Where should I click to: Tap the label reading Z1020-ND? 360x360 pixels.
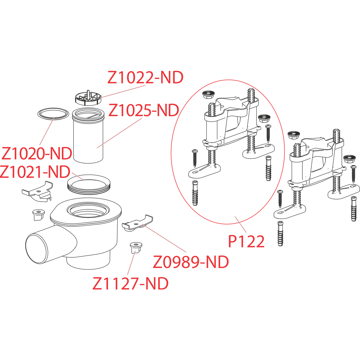pyautogui.click(x=37, y=154)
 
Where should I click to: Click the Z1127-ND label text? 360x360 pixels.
pyautogui.click(x=130, y=283)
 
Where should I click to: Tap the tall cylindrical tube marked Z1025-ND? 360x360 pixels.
pyautogui.click(x=88, y=138)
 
